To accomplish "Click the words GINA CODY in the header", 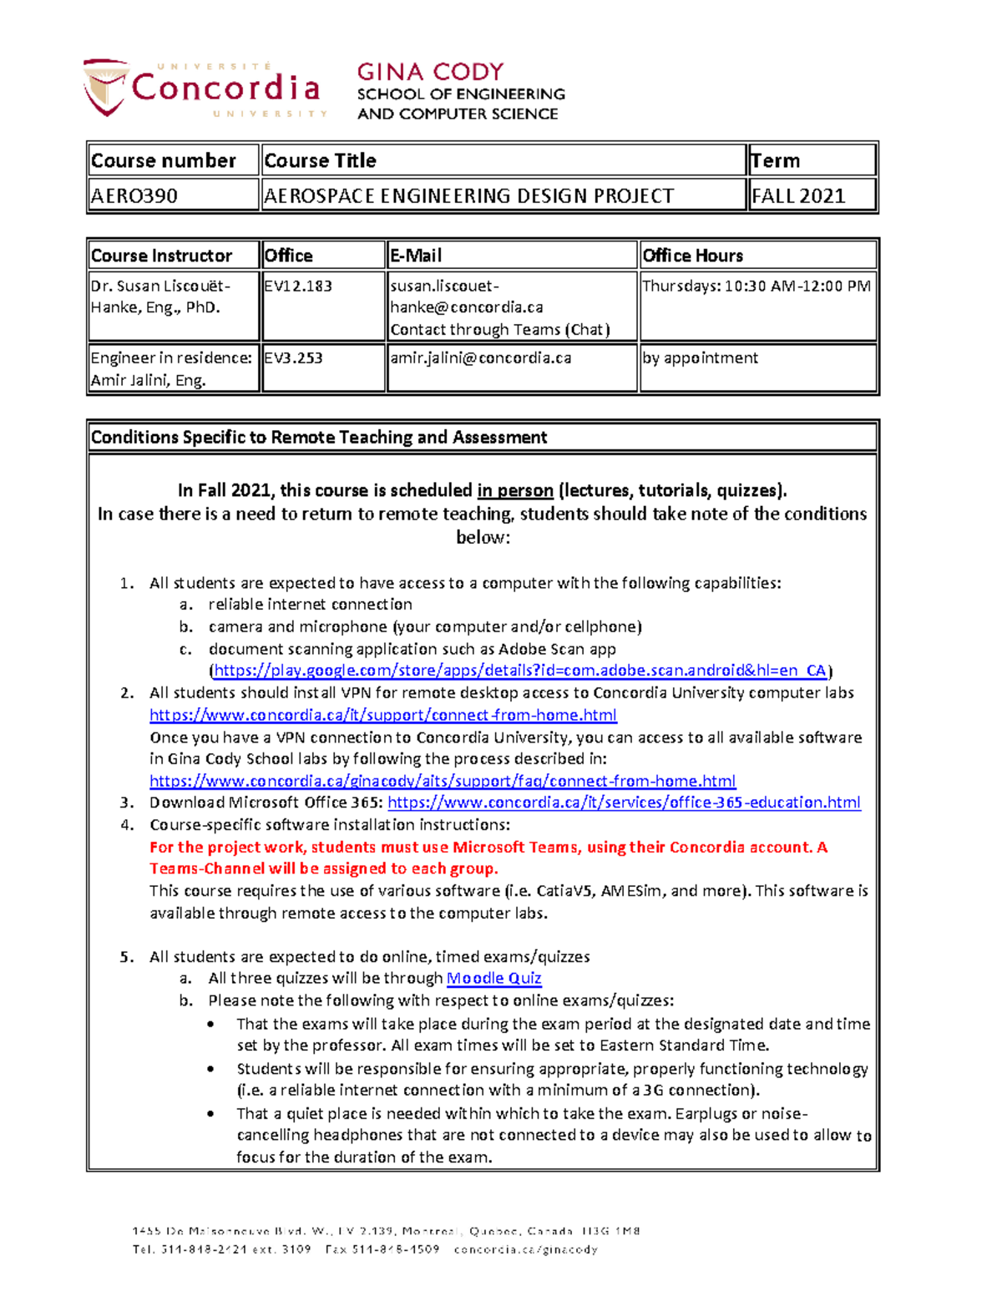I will click(430, 72).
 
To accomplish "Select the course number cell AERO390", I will click(134, 196).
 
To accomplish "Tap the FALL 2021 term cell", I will click(798, 196).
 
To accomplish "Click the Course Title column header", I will click(320, 160).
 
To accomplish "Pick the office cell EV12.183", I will click(298, 286).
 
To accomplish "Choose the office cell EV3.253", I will click(293, 357).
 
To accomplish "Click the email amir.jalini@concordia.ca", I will click(480, 357).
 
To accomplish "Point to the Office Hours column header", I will click(692, 256).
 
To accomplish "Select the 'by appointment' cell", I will click(700, 357).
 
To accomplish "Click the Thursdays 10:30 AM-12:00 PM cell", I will click(756, 286).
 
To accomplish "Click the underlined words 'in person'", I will click(515, 490).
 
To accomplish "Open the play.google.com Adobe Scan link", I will click(519, 670).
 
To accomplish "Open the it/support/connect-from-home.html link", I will click(382, 715).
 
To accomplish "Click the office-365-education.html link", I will click(624, 803).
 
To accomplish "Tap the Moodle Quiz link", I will click(493, 978).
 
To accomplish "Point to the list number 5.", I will click(126, 957).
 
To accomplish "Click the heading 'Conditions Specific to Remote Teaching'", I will click(319, 437).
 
